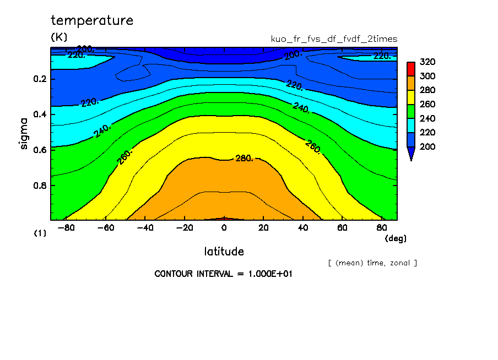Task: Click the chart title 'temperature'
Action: [92, 21]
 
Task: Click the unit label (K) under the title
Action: [59, 37]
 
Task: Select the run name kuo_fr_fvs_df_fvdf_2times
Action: [334, 39]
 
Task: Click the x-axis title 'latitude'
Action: [224, 252]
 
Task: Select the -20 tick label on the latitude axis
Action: [185, 227]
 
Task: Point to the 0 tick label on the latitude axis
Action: [224, 227]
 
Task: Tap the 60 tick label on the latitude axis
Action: [342, 227]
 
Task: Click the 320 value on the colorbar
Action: [427, 62]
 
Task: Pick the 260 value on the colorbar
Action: [427, 105]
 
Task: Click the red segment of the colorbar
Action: [410, 69]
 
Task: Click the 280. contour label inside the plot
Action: [245, 159]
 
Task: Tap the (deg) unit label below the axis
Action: [395, 238]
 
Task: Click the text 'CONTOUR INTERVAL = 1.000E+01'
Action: [223, 274]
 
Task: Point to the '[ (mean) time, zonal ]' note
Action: [372, 263]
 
